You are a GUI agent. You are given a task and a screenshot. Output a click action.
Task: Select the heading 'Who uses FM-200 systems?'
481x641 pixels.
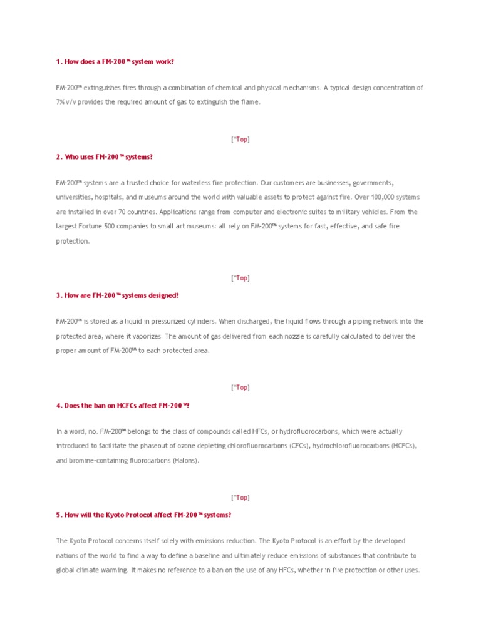tap(104, 156)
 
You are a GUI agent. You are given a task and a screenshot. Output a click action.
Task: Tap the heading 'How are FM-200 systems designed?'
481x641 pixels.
tap(117, 295)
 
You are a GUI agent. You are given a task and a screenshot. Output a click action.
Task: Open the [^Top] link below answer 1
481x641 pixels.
tap(240, 140)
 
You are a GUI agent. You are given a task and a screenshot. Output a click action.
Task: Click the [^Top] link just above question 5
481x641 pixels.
tap(240, 498)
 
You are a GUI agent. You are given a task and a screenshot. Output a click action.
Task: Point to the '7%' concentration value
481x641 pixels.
tap(61, 102)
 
